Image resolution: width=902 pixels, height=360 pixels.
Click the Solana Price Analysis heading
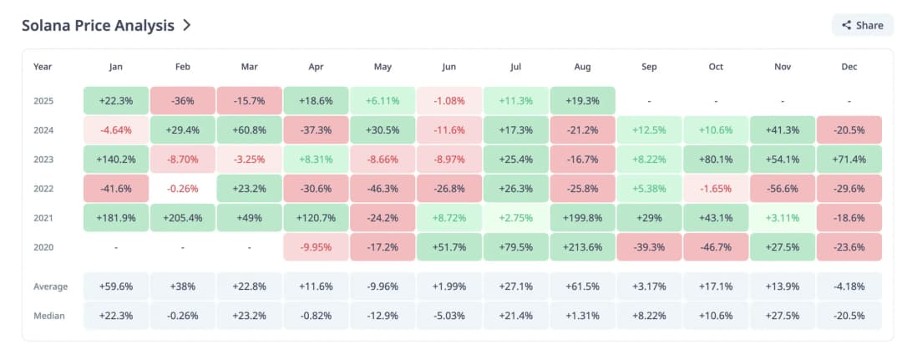(x=98, y=25)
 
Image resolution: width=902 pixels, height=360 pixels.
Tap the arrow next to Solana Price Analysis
(x=187, y=25)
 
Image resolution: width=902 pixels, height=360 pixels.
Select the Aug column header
(x=583, y=67)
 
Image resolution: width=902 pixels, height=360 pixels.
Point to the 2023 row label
(x=44, y=159)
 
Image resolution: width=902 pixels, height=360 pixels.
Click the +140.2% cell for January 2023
(x=116, y=159)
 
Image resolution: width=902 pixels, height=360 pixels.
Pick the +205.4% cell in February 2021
(x=183, y=217)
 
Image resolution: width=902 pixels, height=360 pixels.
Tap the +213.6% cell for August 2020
(x=583, y=247)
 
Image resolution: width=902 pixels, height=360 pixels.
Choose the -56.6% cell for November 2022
(x=783, y=188)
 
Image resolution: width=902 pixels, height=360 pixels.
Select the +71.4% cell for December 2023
(x=849, y=159)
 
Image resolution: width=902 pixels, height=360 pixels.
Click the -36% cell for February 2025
(x=183, y=100)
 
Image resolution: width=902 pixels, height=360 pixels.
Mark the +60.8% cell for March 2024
(x=250, y=129)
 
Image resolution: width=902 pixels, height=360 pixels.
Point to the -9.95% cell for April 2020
(x=317, y=247)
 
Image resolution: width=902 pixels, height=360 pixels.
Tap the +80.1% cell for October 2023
(x=716, y=159)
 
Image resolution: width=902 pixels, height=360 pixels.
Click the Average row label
(x=51, y=286)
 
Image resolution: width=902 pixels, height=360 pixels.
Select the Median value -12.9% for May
(x=383, y=316)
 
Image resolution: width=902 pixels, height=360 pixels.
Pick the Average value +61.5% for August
(x=583, y=286)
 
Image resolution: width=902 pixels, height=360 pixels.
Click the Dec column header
(x=849, y=67)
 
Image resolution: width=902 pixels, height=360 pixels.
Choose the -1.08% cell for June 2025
(x=449, y=100)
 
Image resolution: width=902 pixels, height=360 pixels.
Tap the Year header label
(x=43, y=67)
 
